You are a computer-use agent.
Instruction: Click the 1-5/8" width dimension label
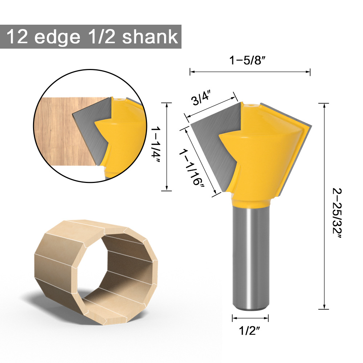click(x=250, y=61)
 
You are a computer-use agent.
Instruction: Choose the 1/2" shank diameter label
click(x=250, y=330)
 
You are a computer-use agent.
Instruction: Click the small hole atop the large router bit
click(x=250, y=106)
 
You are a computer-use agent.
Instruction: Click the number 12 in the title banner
click(x=18, y=37)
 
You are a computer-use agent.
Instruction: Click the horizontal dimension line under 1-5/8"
click(x=250, y=72)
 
